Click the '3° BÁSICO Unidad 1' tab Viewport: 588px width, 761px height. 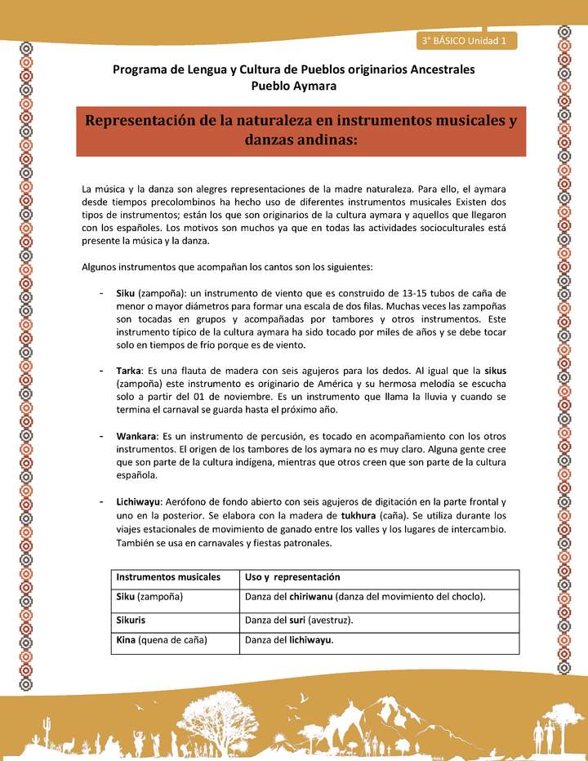pos(465,40)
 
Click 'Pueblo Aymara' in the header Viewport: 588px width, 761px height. pos(293,86)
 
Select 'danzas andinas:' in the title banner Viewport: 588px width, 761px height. pos(301,140)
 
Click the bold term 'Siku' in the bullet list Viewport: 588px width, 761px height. pos(125,293)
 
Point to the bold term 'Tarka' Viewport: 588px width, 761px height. pos(127,370)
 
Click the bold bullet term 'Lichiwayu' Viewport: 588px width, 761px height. pos(138,501)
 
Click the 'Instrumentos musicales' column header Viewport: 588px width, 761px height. pos(168,576)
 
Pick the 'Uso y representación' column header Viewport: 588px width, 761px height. pos(292,576)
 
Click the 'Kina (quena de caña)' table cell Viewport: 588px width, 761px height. pos(162,640)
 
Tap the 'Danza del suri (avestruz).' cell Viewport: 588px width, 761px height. pos(299,620)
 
